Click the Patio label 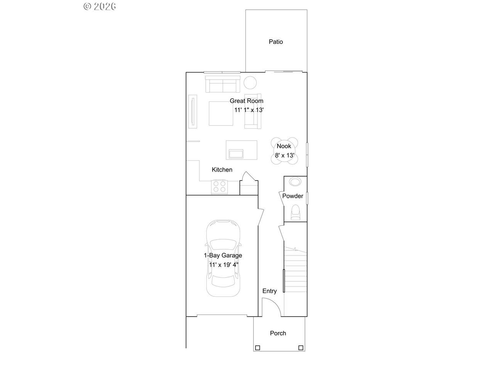coord(276,42)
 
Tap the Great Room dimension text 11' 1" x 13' coord(249,110)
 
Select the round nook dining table coord(284,151)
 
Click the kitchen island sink coord(236,154)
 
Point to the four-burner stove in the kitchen coord(220,187)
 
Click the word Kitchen coord(222,170)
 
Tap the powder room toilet coord(296,212)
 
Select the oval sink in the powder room coord(295,182)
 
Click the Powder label coord(293,196)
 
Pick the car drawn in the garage coord(223,258)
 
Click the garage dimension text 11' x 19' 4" coord(224,265)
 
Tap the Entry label coord(269,291)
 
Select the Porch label coord(278,333)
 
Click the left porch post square coord(258,348)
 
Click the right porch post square coord(301,348)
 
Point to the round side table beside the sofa coord(250,83)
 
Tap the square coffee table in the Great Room coord(221,113)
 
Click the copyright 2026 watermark coord(100,6)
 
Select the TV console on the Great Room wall coord(193,112)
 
